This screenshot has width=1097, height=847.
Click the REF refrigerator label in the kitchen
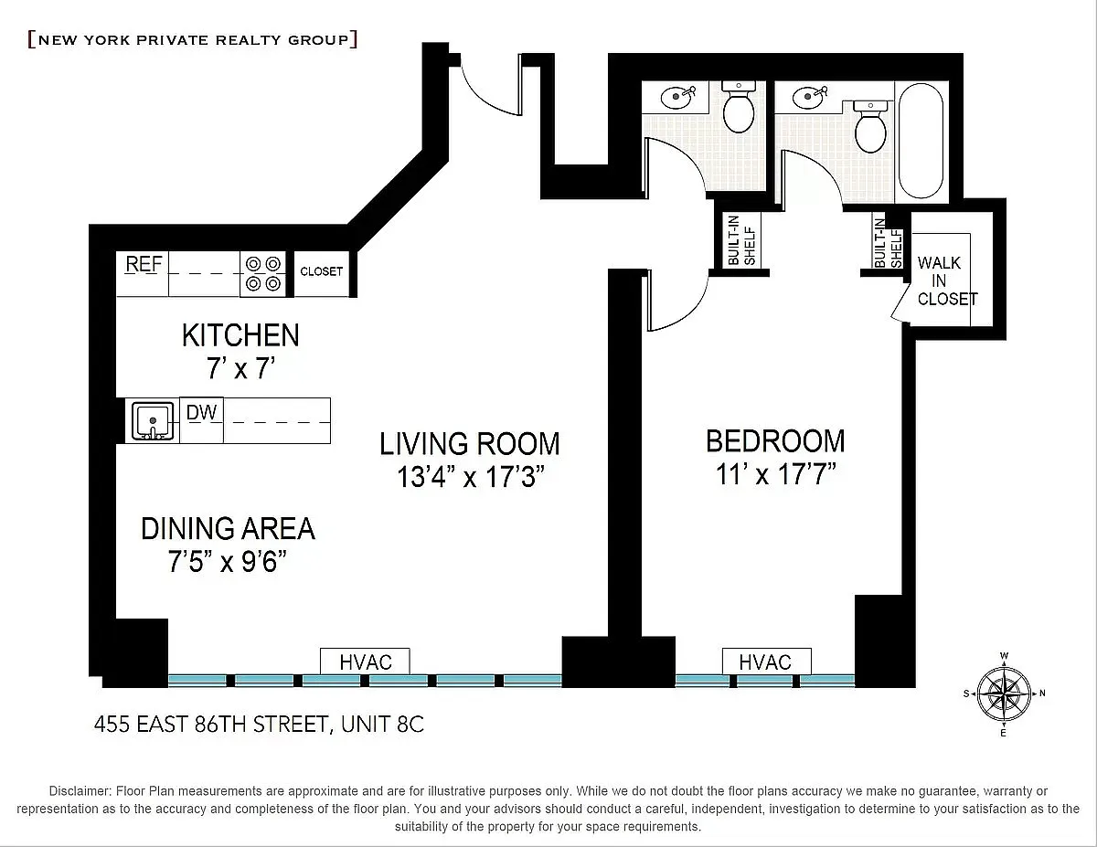(144, 264)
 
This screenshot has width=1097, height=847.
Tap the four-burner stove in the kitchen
(263, 274)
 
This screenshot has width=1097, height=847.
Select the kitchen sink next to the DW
(153, 420)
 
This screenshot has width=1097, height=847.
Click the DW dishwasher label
(201, 412)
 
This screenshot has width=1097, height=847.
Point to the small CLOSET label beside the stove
(322, 271)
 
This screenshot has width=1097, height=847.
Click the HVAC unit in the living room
(365, 662)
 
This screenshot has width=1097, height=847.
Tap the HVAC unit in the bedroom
(767, 662)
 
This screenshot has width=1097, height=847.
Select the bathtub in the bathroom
(921, 141)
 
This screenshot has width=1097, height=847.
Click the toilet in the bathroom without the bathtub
(739, 106)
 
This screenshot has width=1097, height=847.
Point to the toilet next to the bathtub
(870, 126)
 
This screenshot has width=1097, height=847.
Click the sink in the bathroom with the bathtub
(810, 96)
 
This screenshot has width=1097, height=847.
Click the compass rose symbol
(1004, 693)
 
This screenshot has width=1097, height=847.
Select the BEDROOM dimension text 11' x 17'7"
(776, 474)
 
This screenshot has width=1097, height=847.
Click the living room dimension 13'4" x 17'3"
(471, 477)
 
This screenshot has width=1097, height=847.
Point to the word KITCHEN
(240, 335)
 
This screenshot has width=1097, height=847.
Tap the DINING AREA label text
(229, 529)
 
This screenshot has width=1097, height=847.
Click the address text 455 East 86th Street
(211, 725)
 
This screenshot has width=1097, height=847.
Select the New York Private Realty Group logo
(193, 40)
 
